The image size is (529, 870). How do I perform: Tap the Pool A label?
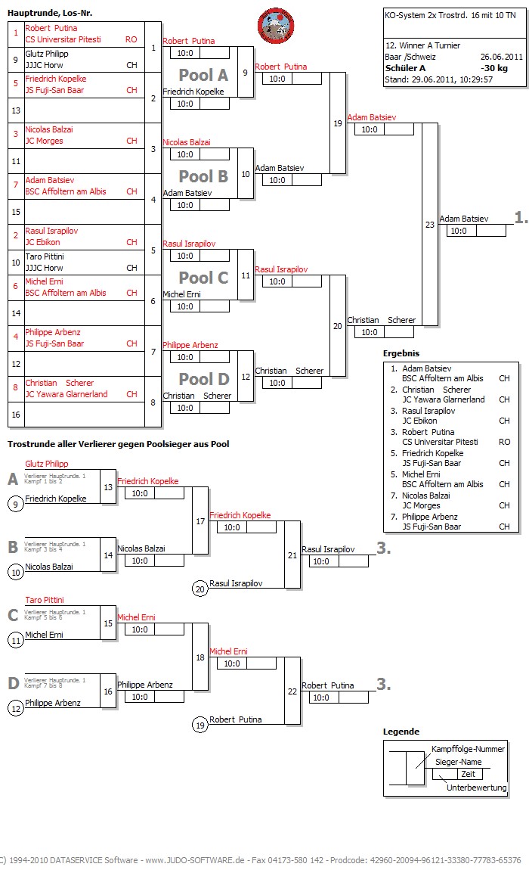203,75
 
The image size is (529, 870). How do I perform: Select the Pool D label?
203,379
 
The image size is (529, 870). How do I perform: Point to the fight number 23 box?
430,224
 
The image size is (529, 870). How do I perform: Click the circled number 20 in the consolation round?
200,589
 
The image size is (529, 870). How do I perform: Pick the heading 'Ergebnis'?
401,353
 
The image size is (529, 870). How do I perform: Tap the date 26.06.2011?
501,56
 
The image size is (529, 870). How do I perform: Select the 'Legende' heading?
401,732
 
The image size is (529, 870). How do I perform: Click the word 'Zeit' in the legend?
468,774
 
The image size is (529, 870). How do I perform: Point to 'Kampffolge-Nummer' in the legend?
468,749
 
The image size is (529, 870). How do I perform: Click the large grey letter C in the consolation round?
13,616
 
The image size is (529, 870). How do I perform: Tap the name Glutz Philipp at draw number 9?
47,54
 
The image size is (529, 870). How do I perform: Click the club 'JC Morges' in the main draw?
44,141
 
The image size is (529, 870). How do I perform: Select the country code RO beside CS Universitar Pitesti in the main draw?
131,39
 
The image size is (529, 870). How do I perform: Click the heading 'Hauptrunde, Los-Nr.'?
50,14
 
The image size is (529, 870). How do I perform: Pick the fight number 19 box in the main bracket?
337,123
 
